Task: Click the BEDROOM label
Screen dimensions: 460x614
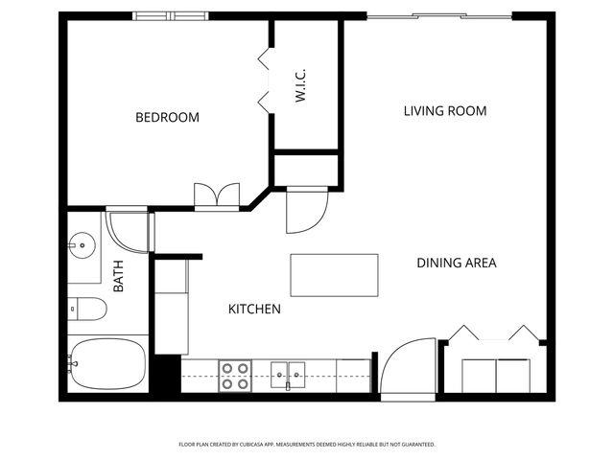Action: (167, 118)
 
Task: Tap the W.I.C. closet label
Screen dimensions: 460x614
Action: (300, 85)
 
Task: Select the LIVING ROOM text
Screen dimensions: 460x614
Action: (444, 111)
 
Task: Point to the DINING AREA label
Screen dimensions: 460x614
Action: (456, 263)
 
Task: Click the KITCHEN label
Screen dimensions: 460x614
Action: (254, 310)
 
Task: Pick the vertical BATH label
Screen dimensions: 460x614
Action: (119, 277)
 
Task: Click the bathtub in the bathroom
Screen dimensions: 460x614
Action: (106, 364)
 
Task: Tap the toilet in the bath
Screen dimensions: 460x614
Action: (88, 310)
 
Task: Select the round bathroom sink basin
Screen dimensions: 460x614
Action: (83, 245)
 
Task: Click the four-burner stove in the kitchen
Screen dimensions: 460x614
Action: (235, 375)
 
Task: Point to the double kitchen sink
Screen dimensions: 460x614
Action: (288, 372)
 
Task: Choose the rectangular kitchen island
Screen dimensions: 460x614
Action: (334, 275)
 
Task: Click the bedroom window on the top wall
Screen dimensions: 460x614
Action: (170, 15)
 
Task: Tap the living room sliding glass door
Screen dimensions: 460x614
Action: (439, 15)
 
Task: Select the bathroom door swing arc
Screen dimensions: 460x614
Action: (129, 232)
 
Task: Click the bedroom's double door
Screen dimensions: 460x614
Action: (215, 195)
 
